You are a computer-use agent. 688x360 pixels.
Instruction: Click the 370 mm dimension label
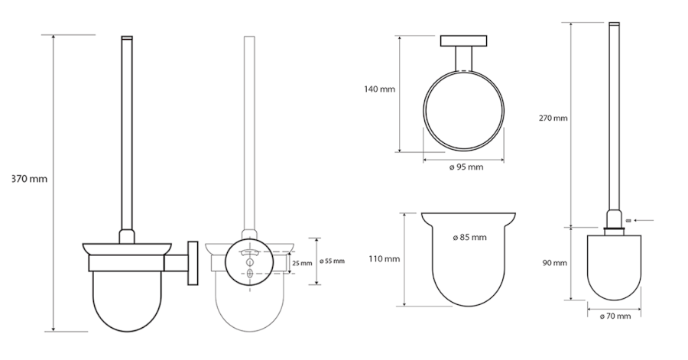pos(29,179)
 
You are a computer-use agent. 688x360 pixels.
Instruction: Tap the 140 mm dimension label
pos(379,89)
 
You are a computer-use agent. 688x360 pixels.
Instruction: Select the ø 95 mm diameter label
pos(466,167)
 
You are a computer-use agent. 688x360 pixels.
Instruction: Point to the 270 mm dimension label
pos(553,118)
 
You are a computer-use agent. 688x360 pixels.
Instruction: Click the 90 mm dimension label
pos(554,263)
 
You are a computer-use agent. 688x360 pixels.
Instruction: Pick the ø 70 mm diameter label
pos(615,316)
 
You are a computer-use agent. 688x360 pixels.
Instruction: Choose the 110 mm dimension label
pos(385,259)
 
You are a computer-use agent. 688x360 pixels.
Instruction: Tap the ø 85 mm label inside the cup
pos(469,237)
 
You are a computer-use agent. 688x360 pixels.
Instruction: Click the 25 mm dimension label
pos(302,263)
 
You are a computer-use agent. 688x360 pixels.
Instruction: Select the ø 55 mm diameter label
pos(333,261)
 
